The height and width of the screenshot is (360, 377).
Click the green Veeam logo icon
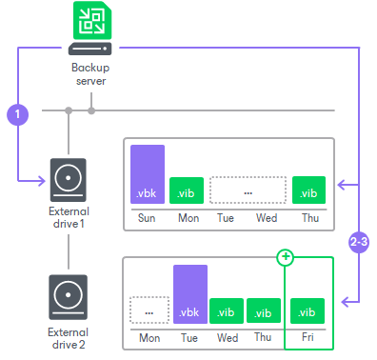coord(90,20)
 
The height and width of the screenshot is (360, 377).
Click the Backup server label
coord(90,74)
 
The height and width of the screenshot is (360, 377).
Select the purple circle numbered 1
coord(18,114)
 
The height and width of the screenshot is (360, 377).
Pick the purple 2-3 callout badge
coord(359,240)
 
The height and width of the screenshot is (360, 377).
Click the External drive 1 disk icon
coord(69,177)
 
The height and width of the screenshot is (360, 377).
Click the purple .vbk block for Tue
coord(190,293)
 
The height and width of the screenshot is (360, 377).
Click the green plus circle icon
coord(285,258)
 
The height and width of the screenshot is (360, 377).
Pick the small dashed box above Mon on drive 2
coord(149,310)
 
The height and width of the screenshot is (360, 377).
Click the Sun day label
coord(149,217)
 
